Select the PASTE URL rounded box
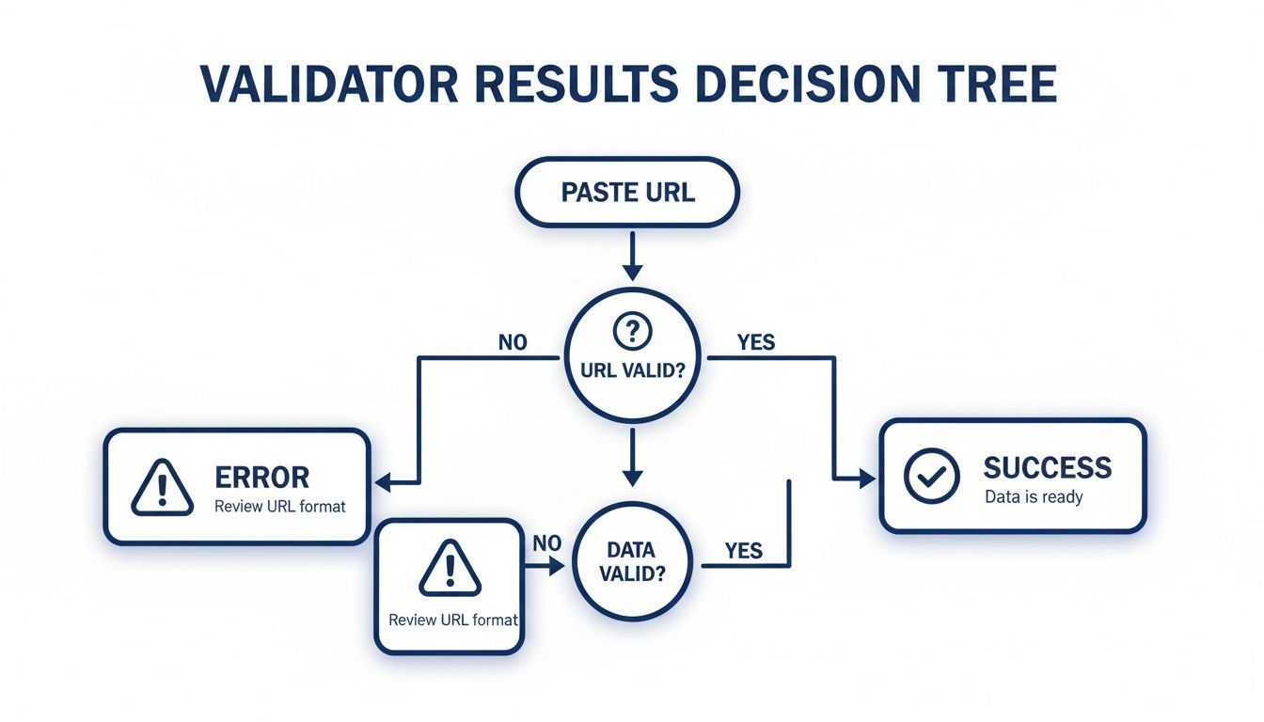click(627, 193)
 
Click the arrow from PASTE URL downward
click(632, 255)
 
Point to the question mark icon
click(632, 330)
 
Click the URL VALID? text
click(631, 370)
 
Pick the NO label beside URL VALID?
click(513, 342)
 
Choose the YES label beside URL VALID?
click(755, 342)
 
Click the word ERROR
click(262, 477)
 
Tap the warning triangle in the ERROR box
click(163, 486)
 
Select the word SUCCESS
click(1047, 467)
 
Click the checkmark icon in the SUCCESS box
click(931, 475)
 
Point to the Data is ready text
click(1034, 496)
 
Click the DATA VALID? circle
click(631, 560)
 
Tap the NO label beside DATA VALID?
click(546, 542)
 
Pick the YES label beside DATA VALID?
click(744, 550)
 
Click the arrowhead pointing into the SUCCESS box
click(867, 479)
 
